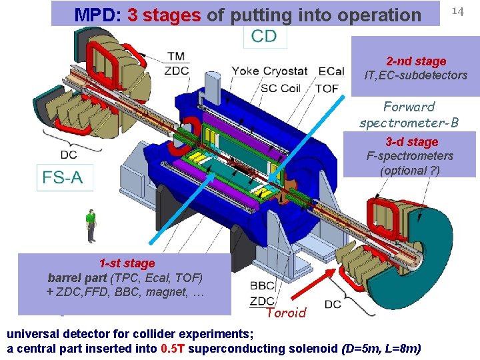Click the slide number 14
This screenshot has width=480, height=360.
click(x=457, y=11)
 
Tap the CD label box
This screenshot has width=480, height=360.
click(x=264, y=36)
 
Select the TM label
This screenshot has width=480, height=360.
click(x=177, y=58)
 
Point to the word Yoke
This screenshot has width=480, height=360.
click(x=246, y=71)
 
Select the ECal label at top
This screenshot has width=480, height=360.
click(x=331, y=71)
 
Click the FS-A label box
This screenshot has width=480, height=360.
click(x=65, y=178)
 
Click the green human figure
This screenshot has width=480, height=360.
click(x=91, y=225)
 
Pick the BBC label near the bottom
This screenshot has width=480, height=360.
click(x=261, y=285)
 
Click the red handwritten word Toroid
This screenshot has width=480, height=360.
click(x=285, y=313)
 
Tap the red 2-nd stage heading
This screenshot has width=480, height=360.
click(x=416, y=61)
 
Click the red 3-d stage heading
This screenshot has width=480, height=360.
click(x=411, y=142)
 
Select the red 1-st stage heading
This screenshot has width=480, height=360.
click(x=127, y=263)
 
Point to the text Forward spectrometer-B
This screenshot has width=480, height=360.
click(x=409, y=115)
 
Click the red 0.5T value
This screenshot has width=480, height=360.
click(x=175, y=349)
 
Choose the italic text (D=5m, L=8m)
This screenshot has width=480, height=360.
click(x=380, y=349)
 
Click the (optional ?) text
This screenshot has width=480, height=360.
click(x=409, y=171)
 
